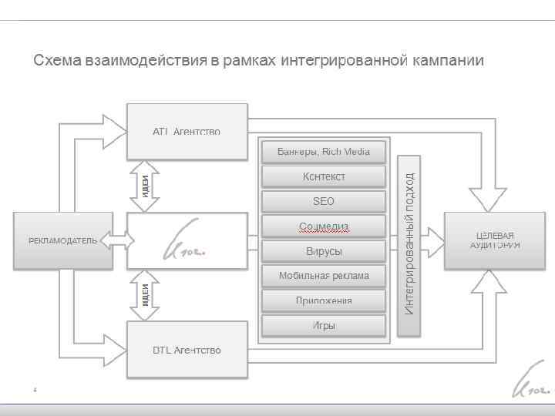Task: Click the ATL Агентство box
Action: [187, 130]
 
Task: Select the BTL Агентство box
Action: [187, 351]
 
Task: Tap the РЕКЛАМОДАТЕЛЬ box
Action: [63, 240]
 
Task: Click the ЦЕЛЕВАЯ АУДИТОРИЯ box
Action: [495, 240]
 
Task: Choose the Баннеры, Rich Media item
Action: [324, 152]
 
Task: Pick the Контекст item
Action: [324, 176]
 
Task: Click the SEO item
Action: [324, 201]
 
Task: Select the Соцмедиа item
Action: [324, 226]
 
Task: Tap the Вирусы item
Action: [324, 251]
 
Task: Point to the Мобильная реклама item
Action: [324, 276]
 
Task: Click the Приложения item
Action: [324, 300]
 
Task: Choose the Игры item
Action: [324, 325]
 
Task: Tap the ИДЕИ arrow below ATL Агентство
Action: [144, 185]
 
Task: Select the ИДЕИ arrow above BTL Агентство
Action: [144, 294]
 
